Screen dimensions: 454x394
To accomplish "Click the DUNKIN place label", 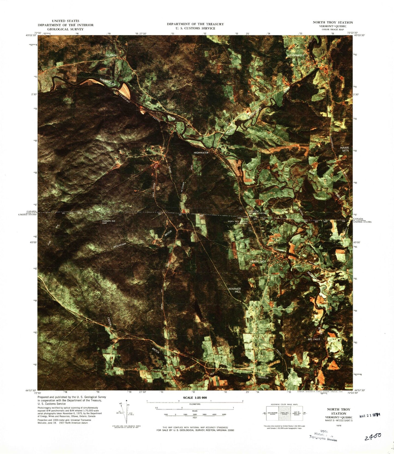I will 112,55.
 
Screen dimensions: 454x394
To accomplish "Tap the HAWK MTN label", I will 344,149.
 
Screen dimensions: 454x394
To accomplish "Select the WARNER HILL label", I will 234,290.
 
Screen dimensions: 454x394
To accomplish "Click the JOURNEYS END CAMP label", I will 109,222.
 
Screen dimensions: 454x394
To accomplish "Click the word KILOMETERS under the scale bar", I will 195,404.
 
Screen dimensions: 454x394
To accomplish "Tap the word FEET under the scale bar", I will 195,417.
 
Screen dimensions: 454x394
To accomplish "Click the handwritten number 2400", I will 373,437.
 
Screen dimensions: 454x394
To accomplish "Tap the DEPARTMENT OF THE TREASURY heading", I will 195,24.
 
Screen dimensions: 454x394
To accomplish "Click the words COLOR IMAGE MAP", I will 333,29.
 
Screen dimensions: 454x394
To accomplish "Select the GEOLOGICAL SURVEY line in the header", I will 65,29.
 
